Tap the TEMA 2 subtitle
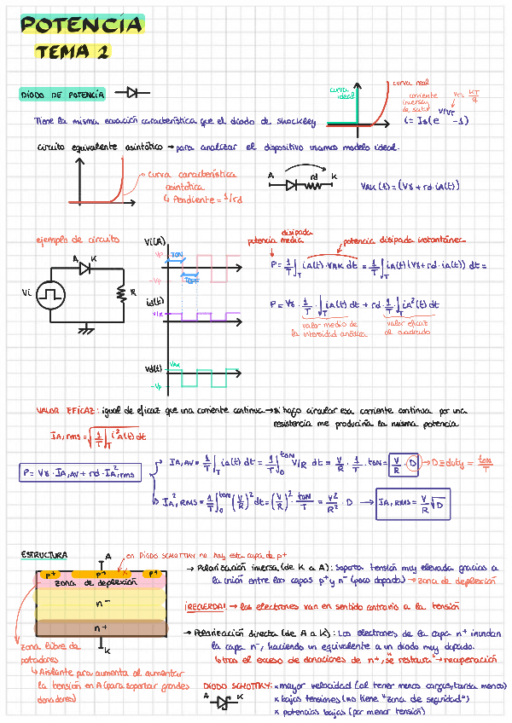(x=72, y=52)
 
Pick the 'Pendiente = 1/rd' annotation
(x=193, y=200)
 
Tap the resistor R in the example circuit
(x=122, y=293)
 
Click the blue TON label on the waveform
(x=177, y=255)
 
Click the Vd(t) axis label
(x=154, y=367)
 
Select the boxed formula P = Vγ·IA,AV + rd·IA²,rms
(x=82, y=472)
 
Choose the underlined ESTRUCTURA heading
(x=44, y=555)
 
